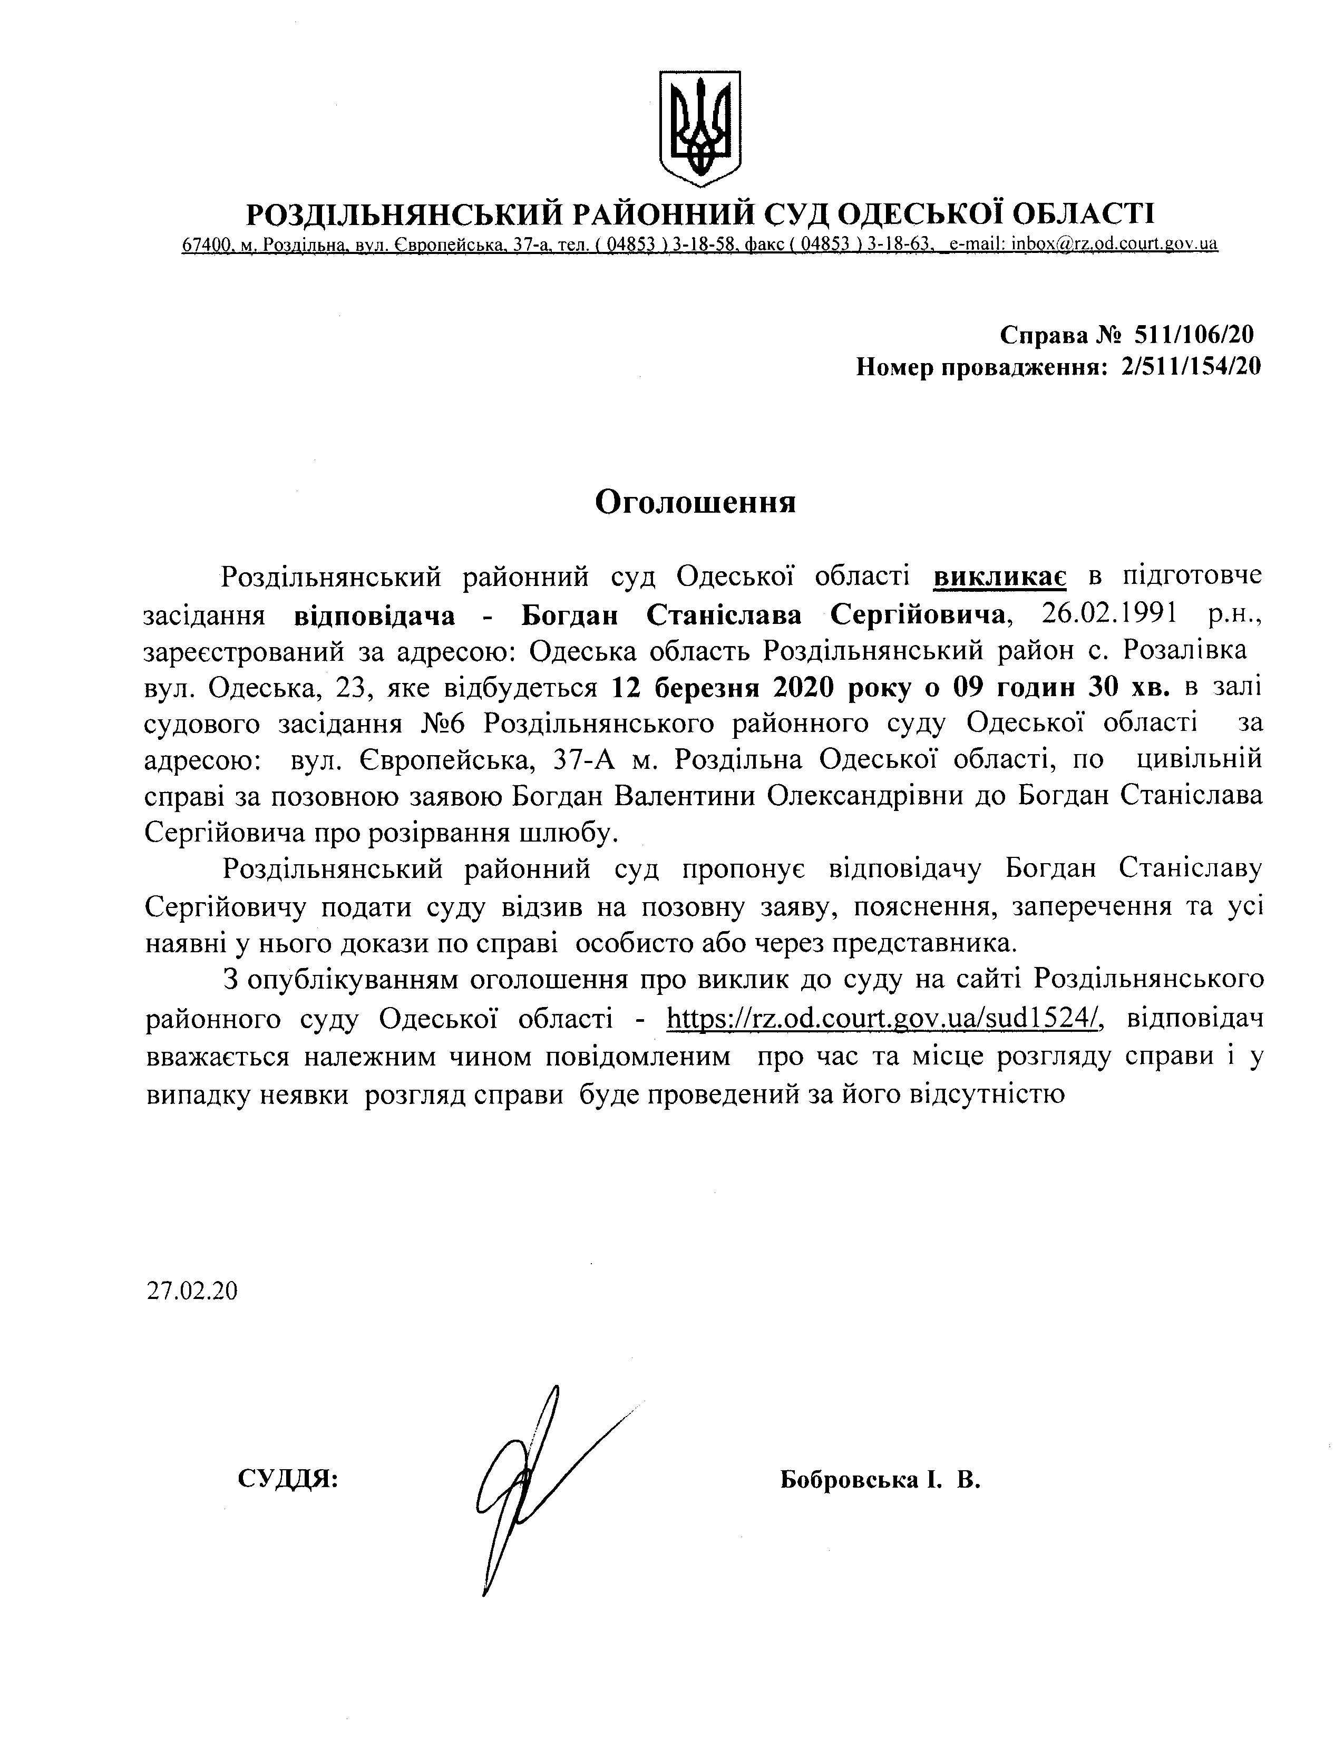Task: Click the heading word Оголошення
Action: point(696,502)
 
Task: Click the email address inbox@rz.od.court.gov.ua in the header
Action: point(1114,245)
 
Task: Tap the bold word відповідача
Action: point(374,614)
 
